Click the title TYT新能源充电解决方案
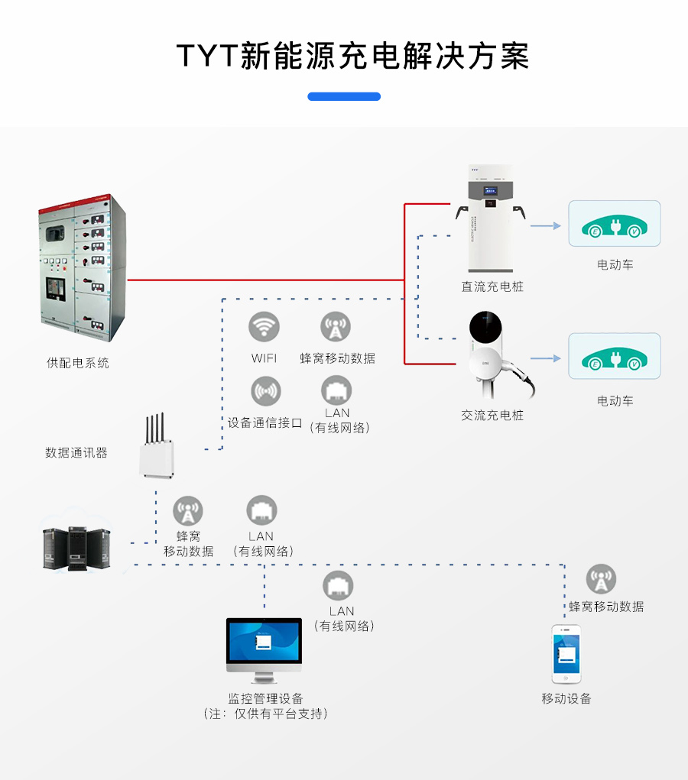tap(352, 57)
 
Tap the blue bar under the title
tap(344, 97)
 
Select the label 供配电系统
tap(78, 363)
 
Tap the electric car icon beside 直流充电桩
tap(614, 224)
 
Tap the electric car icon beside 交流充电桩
tap(614, 357)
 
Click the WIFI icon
tap(264, 327)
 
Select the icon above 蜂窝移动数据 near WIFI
tap(336, 327)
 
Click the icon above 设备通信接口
tap(265, 391)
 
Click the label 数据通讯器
tap(76, 452)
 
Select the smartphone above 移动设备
tap(566, 654)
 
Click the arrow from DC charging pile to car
tap(546, 225)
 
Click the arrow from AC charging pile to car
tap(546, 358)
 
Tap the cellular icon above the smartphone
tap(601, 580)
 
